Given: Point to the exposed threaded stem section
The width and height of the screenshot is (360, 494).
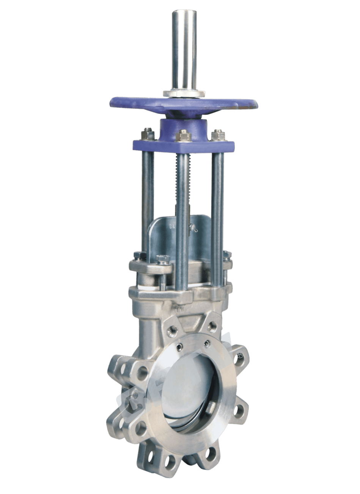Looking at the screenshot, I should [x=176, y=178].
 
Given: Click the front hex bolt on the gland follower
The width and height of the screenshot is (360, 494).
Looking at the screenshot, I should [x=160, y=260].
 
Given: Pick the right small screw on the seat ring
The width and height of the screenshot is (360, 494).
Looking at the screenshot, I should [x=207, y=344].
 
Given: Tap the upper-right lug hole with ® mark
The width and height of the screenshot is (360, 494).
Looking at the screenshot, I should [x=238, y=356].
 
